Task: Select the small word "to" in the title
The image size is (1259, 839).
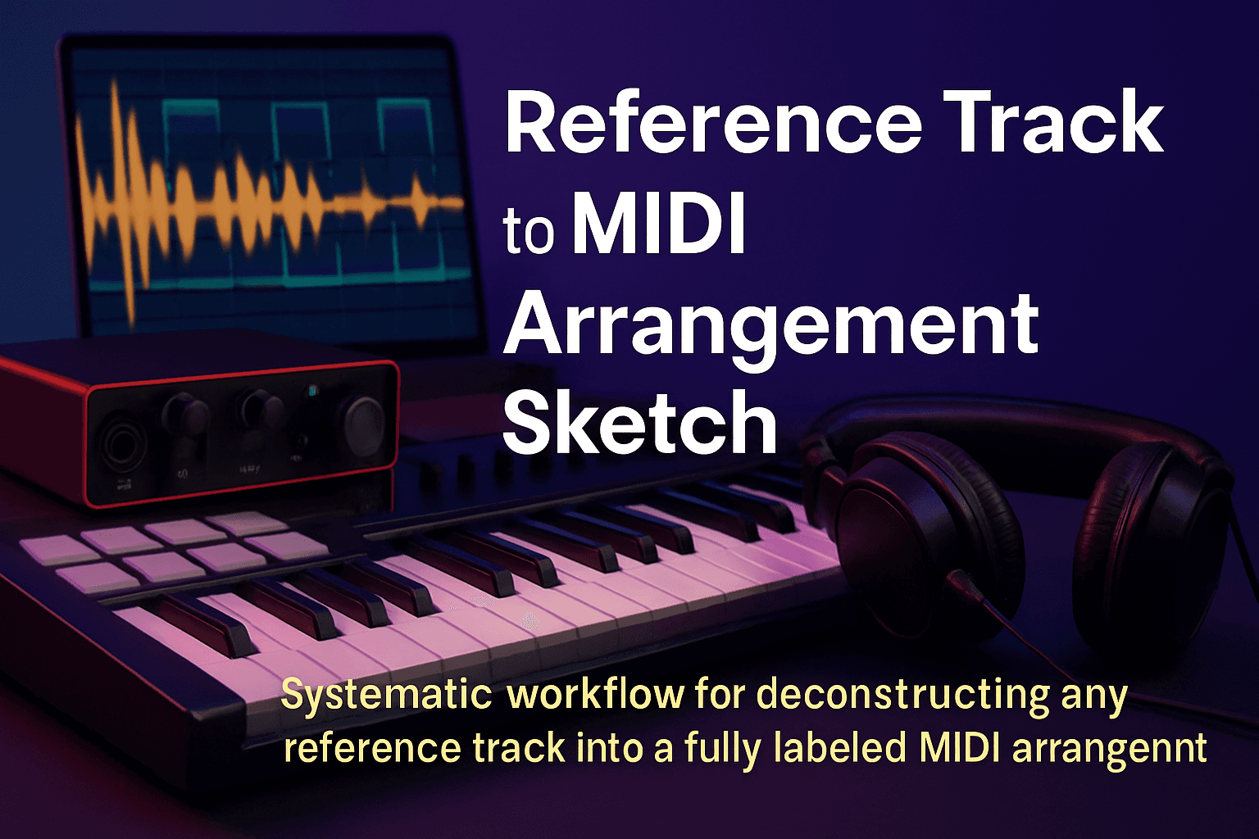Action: click(529, 232)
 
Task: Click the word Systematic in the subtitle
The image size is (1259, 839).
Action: click(386, 696)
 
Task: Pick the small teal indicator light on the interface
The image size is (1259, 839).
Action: click(311, 392)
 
